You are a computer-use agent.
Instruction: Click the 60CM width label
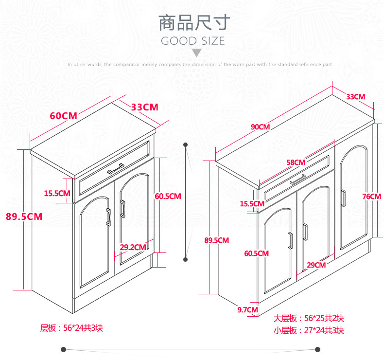coord(63,116)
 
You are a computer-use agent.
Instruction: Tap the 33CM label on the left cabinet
coord(145,107)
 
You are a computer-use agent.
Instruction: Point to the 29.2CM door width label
coord(133,247)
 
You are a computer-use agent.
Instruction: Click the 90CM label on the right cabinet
coord(260,127)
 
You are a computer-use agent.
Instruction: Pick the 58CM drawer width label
coord(296,162)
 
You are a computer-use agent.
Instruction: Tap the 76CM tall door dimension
coord(372,197)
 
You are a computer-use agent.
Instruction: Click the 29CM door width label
coord(316,265)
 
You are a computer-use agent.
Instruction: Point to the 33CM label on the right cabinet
coord(356,96)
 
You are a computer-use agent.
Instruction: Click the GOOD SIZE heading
coord(193,41)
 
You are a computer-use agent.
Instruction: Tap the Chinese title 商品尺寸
coord(193,23)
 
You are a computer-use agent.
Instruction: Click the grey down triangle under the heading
coord(196,53)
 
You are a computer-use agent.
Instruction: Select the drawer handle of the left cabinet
coord(116,168)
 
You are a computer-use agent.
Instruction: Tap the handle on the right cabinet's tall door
coord(343,198)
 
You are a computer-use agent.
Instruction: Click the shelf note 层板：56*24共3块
coord(71,328)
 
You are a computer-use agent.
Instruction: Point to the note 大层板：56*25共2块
coord(309,319)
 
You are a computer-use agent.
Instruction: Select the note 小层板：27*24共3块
coord(309,331)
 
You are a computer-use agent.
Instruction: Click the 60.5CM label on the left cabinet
coord(168,197)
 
